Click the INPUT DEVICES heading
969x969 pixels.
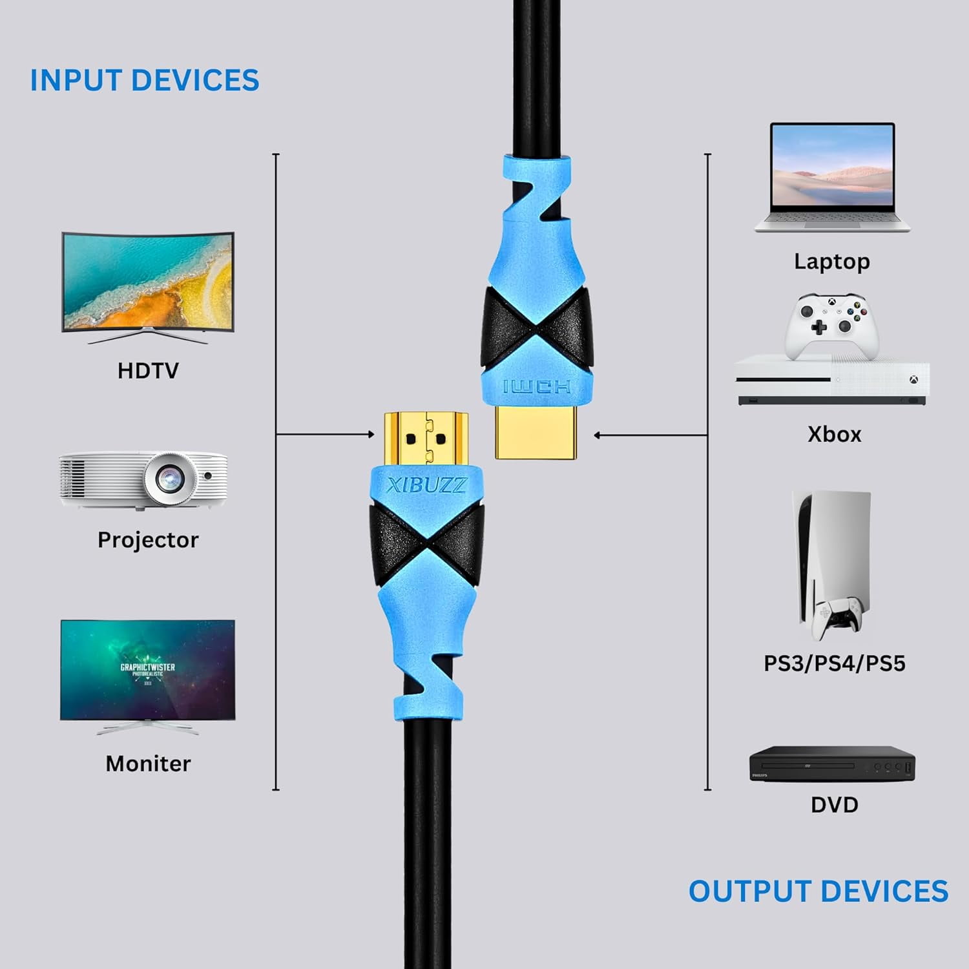tap(145, 81)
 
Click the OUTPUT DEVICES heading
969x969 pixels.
tap(818, 891)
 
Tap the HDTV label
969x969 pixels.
tap(148, 371)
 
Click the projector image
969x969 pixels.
tap(143, 479)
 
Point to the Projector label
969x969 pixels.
tap(148, 540)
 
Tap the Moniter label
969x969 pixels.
tap(148, 764)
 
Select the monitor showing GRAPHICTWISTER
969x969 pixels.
tap(148, 672)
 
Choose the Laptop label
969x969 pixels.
tap(832, 262)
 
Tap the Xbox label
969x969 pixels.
tap(834, 434)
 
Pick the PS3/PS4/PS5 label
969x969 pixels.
tap(834, 663)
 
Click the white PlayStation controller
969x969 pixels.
tap(837, 614)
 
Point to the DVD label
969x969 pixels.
tap(834, 805)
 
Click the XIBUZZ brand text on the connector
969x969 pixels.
tap(426, 485)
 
